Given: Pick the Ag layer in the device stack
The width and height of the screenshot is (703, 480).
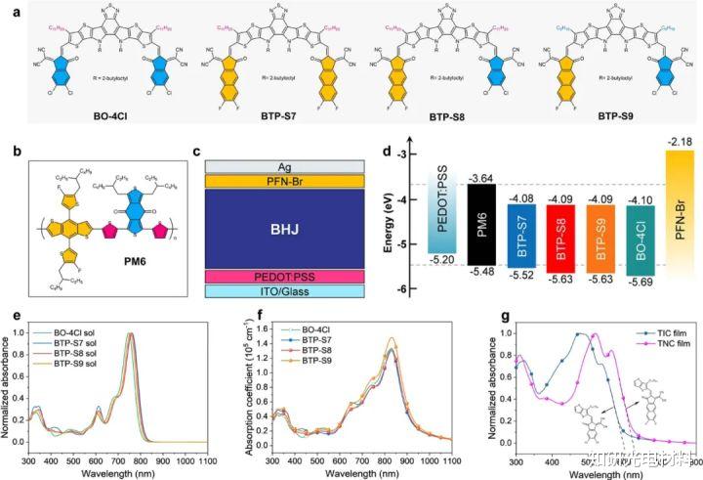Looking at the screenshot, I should (285, 167).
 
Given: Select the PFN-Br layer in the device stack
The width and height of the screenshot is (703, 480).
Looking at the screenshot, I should (285, 180).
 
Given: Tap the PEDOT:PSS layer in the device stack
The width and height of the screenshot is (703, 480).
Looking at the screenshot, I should (285, 278).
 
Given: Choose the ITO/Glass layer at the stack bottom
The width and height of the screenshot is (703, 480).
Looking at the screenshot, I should (285, 291).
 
